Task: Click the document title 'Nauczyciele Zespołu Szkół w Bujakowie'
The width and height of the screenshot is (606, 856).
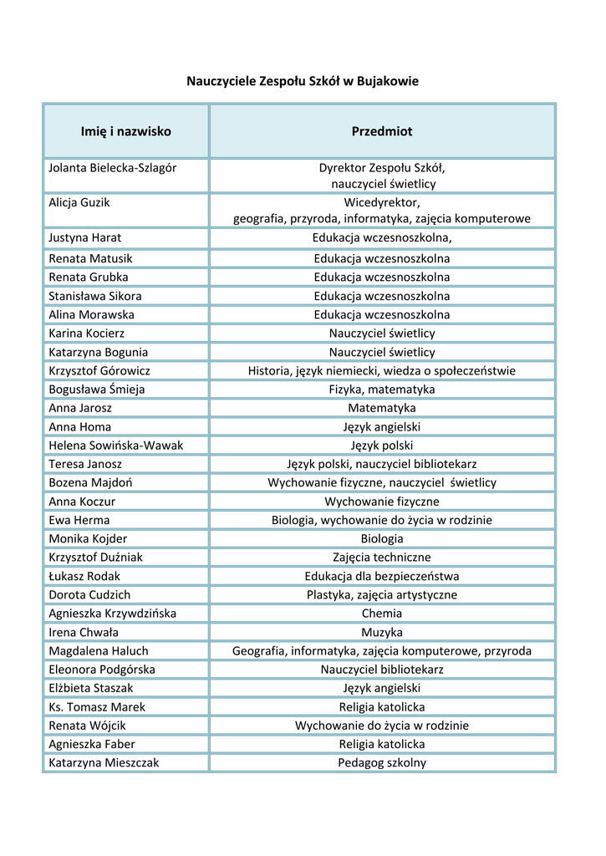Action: (x=302, y=81)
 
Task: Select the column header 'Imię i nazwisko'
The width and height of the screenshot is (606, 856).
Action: (x=125, y=131)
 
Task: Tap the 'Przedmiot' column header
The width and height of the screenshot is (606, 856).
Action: (x=382, y=131)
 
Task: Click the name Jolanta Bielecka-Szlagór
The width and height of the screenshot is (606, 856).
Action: (x=113, y=167)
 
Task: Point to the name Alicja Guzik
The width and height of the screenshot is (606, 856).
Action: (x=79, y=202)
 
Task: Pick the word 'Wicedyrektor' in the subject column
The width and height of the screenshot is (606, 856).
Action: (x=381, y=202)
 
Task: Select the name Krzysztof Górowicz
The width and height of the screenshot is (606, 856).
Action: (x=99, y=370)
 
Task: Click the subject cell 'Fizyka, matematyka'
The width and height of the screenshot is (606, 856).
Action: (x=382, y=390)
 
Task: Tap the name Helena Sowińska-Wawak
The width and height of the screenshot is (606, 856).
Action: (x=115, y=446)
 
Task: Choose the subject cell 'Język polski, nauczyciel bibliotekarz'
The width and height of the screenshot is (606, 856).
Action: (x=382, y=464)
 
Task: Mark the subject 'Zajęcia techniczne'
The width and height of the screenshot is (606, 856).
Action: (x=382, y=557)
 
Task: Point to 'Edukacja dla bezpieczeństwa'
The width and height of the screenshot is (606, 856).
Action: (x=382, y=576)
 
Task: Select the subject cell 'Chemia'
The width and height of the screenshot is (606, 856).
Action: (x=382, y=614)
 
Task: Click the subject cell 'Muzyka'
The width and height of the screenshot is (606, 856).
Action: (x=382, y=632)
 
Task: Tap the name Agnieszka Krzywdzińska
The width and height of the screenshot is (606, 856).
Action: (x=112, y=614)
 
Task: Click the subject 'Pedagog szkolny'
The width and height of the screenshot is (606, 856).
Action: (x=382, y=762)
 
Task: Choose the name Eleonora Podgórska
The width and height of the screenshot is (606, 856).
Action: (x=102, y=670)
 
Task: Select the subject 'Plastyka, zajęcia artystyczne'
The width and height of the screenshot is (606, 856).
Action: (x=382, y=594)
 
